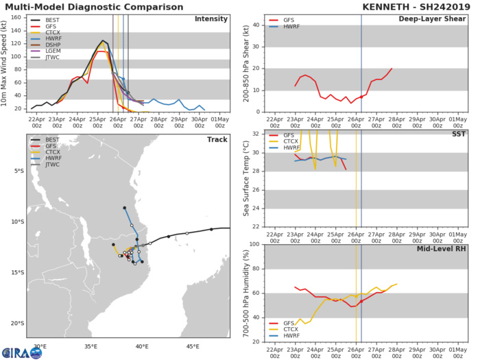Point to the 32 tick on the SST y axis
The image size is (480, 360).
[254, 134]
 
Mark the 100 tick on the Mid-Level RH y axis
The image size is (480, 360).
[252, 245]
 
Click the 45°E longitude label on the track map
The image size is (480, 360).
[193, 346]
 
